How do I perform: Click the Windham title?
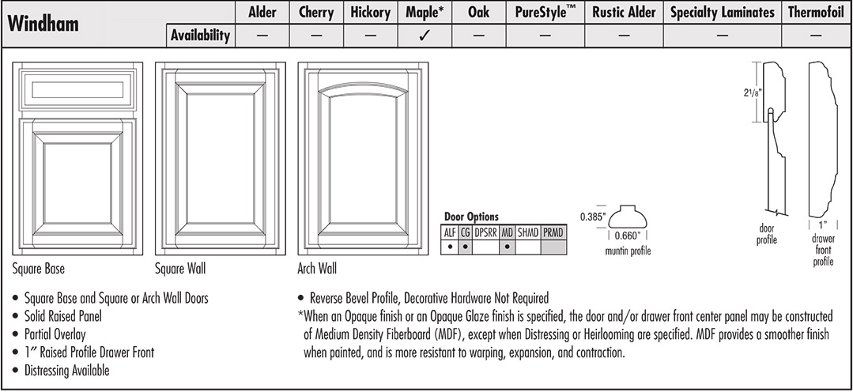pyautogui.click(x=43, y=24)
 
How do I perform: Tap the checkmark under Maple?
pyautogui.click(x=424, y=36)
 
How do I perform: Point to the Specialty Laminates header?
pyautogui.click(x=723, y=13)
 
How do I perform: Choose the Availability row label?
pyautogui.click(x=200, y=36)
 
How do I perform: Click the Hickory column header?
pyautogui.click(x=370, y=13)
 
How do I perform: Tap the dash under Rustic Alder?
pyautogui.click(x=625, y=36)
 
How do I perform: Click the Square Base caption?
pyautogui.click(x=39, y=269)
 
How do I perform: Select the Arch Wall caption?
pyautogui.click(x=317, y=269)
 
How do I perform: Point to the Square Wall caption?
pyautogui.click(x=180, y=269)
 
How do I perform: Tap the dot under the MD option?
pyautogui.click(x=507, y=247)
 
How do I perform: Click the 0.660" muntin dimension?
pyautogui.click(x=628, y=236)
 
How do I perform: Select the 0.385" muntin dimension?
pyautogui.click(x=592, y=216)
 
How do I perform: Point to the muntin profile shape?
pyautogui.click(x=628, y=216)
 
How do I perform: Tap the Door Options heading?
pyautogui.click(x=471, y=217)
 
